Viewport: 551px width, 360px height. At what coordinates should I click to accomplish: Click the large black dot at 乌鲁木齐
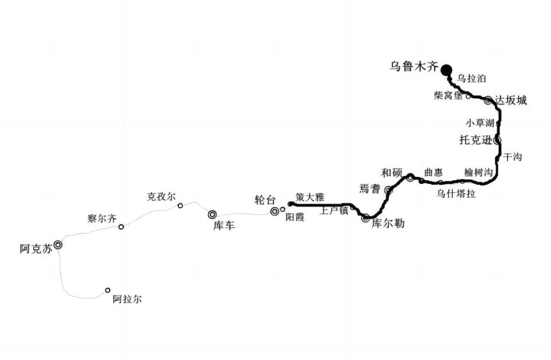click(446, 70)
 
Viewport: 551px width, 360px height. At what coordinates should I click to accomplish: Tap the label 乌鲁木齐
click(414, 67)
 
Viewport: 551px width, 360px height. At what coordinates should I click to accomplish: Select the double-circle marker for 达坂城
click(488, 100)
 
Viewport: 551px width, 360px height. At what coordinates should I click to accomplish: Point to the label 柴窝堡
click(448, 95)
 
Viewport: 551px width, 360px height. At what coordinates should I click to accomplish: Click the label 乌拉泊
click(471, 78)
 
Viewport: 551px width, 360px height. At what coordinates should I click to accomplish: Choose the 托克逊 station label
click(476, 140)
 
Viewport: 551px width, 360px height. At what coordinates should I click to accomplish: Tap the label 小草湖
click(480, 123)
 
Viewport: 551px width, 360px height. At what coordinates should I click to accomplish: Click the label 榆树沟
click(478, 172)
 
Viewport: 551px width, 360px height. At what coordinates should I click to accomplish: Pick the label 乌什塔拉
click(456, 194)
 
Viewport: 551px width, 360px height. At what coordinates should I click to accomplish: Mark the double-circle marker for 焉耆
click(388, 190)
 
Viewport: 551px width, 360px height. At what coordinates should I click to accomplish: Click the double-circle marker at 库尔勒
click(366, 218)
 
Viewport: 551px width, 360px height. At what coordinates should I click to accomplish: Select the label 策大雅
click(310, 197)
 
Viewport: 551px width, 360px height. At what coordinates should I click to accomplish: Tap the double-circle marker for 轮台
click(275, 211)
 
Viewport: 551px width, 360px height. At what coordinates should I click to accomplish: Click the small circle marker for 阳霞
click(283, 209)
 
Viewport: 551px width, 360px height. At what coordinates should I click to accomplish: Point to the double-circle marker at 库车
click(212, 215)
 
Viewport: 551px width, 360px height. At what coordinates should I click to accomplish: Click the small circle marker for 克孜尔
click(180, 205)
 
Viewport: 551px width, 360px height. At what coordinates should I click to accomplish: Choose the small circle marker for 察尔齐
click(121, 227)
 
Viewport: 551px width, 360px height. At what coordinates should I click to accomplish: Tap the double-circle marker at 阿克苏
click(58, 244)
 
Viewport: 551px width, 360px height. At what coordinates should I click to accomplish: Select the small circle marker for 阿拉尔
click(108, 291)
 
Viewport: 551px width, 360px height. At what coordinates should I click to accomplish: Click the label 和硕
click(392, 173)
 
